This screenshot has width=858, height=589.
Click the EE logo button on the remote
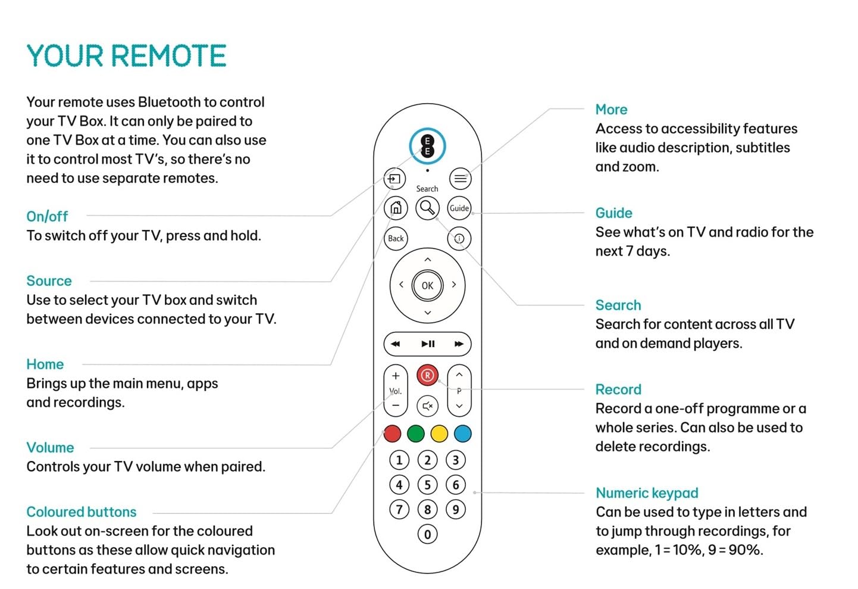tap(427, 145)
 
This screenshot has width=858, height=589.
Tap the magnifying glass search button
tap(427, 208)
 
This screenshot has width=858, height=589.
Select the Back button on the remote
tap(396, 238)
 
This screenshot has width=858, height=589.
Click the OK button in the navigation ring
tap(427, 285)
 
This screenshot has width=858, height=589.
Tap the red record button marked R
tap(427, 375)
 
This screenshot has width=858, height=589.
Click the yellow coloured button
tap(439, 434)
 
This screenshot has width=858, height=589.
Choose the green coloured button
tap(416, 434)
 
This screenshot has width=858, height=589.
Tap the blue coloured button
tap(462, 434)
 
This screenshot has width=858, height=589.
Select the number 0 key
tap(427, 534)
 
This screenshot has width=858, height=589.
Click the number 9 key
tap(456, 509)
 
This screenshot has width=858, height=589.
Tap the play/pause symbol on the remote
tap(428, 344)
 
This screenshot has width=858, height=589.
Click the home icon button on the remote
tap(396, 208)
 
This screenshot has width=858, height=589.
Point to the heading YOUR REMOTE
tap(126, 56)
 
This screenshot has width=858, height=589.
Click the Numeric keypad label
tap(647, 493)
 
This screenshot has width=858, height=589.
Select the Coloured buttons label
tap(82, 512)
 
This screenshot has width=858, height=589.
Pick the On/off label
tap(47, 216)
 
